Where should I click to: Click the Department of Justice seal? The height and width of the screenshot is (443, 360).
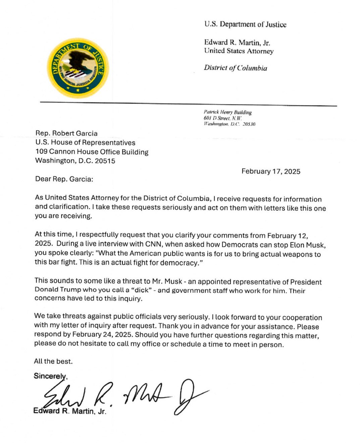[78, 68]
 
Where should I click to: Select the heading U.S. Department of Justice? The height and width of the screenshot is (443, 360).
[245, 24]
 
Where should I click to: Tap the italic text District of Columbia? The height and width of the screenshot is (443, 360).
[235, 68]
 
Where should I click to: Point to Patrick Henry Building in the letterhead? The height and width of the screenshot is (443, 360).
[227, 112]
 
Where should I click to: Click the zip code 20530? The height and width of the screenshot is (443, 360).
[249, 124]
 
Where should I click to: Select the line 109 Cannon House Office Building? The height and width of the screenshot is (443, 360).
[92, 152]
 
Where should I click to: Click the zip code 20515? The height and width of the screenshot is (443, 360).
[105, 161]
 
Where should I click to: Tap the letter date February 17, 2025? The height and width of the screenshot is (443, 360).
[271, 172]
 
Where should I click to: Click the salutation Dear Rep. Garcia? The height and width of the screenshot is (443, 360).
[64, 179]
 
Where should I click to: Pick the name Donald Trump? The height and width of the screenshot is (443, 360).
[54, 290]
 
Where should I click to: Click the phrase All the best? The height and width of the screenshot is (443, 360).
[53, 361]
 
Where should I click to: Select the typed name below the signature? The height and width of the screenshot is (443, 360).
[69, 411]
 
